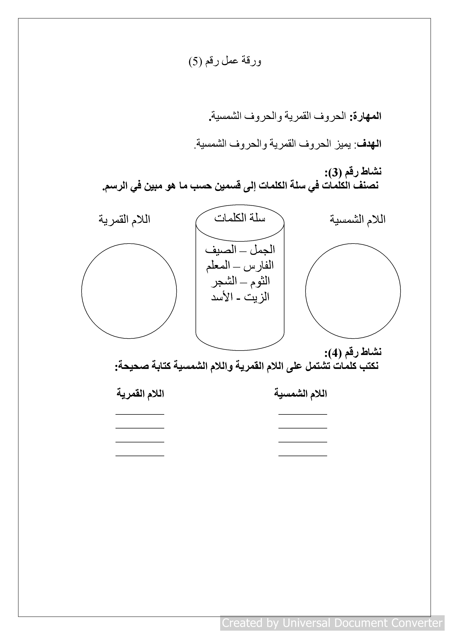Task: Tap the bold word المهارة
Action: [x=366, y=116]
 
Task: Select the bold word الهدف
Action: [x=369, y=144]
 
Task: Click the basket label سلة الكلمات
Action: [x=240, y=218]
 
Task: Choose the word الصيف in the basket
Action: [x=221, y=250]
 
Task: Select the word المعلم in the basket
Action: [x=218, y=266]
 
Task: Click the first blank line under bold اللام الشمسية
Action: [x=303, y=414]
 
